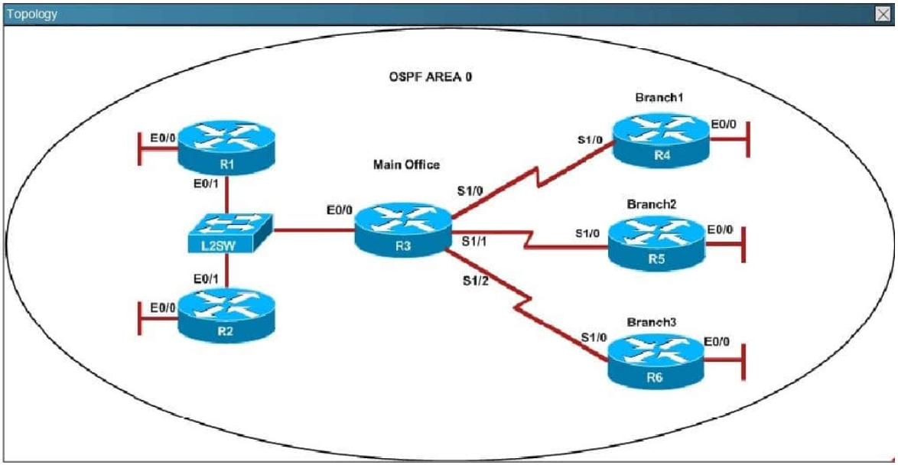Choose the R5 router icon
click(x=656, y=243)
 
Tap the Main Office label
click(x=406, y=164)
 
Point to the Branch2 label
click(x=652, y=204)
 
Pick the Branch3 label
click(x=652, y=322)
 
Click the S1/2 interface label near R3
click(x=475, y=281)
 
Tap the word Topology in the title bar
click(x=31, y=14)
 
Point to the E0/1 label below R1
click(x=207, y=184)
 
